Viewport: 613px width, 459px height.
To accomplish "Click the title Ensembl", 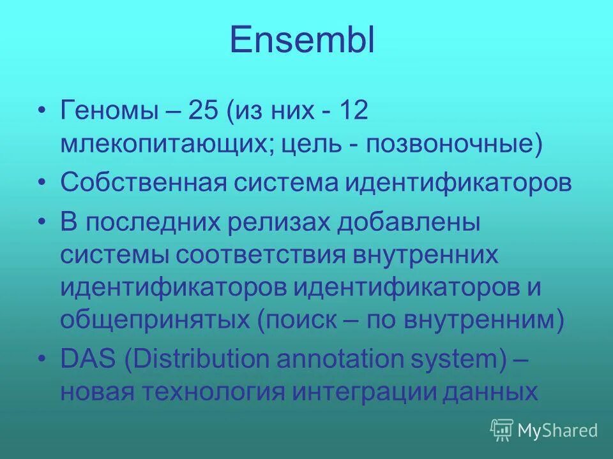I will tap(302, 40).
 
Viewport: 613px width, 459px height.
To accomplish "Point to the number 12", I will tap(352, 112).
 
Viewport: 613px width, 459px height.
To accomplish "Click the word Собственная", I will tap(144, 184).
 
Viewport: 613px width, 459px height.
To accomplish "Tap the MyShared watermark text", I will tap(557, 431).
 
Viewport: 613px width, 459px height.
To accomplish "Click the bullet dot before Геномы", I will tap(42, 112).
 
